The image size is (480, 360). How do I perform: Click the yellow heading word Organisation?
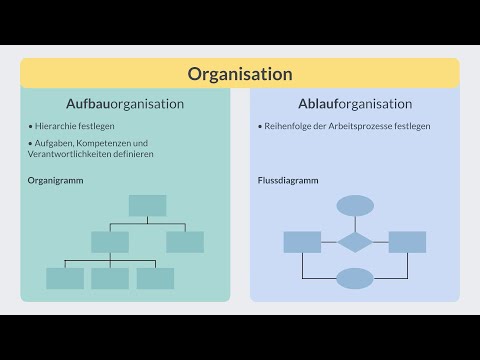click(x=240, y=74)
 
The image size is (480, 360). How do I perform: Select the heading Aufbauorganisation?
click(x=125, y=104)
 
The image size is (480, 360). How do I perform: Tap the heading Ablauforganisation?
click(x=355, y=104)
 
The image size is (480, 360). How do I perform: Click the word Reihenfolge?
click(x=286, y=127)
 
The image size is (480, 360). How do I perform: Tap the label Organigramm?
click(x=55, y=180)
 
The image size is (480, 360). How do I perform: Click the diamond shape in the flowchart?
click(x=355, y=242)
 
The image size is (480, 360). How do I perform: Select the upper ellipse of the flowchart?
click(x=355, y=206)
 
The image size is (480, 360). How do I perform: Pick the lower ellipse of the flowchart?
click(x=355, y=277)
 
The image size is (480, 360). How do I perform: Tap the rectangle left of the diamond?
click(x=302, y=242)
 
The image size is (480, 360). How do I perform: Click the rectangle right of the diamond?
click(x=407, y=242)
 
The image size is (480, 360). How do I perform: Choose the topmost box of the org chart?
click(x=147, y=206)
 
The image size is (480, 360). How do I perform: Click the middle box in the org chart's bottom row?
click(x=110, y=278)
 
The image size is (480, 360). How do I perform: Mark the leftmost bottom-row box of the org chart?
click(x=65, y=278)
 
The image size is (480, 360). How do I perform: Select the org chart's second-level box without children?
click(x=185, y=242)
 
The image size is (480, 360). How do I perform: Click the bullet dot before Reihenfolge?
click(x=259, y=127)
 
